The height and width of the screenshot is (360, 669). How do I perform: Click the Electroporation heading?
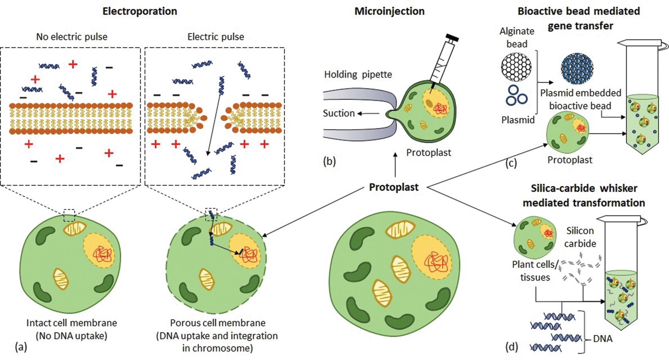pyautogui.click(x=140, y=11)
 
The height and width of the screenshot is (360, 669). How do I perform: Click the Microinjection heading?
pyautogui.click(x=389, y=11)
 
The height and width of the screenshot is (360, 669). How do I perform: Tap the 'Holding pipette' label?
pyautogui.click(x=358, y=75)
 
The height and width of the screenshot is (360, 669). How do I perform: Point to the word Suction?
pyautogui.click(x=339, y=113)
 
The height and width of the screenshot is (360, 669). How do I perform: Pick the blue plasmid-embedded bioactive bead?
pyautogui.click(x=577, y=69)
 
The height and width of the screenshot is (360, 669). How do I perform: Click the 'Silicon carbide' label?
pyautogui.click(x=580, y=237)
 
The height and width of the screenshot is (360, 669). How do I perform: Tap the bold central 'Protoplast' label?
pyautogui.click(x=394, y=187)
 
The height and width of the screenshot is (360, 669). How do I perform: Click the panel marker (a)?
pyautogui.click(x=21, y=347)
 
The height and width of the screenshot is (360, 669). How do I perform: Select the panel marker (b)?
pyautogui.click(x=330, y=161)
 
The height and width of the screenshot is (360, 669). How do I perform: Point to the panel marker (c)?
pyautogui.click(x=511, y=163)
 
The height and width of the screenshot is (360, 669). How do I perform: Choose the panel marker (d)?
pyautogui.click(x=512, y=347)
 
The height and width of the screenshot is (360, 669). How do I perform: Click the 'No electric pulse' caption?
pyautogui.click(x=72, y=37)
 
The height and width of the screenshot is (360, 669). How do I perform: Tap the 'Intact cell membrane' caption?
pyautogui.click(x=72, y=323)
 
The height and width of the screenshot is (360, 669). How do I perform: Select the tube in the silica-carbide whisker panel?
pyautogui.click(x=621, y=279)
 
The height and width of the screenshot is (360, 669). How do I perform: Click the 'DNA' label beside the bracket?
pyautogui.click(x=602, y=339)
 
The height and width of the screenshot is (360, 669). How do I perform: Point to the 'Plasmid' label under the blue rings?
pyautogui.click(x=518, y=120)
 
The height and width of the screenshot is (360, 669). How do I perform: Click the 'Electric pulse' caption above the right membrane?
pyautogui.click(x=215, y=37)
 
